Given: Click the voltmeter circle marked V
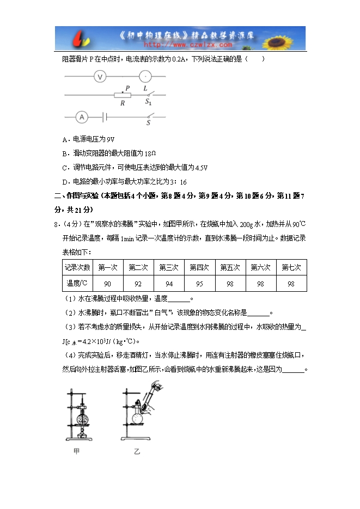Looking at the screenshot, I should click(100, 77).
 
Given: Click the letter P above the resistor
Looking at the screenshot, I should click(127, 87).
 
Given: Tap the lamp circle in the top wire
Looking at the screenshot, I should click(145, 77).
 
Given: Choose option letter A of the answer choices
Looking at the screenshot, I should click(65, 139).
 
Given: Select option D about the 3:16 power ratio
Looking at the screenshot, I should click(65, 182).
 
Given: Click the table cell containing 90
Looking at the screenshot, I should click(107, 284).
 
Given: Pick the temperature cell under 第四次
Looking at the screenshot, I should click(199, 284).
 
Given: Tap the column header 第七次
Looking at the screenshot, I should click(291, 268).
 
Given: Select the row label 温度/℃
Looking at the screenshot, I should click(78, 284).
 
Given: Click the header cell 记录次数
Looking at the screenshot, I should click(78, 268).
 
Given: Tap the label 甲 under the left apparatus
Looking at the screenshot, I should click(77, 451).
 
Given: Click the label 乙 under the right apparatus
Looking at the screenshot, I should click(137, 451).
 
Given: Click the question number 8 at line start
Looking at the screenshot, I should click(57, 224).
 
